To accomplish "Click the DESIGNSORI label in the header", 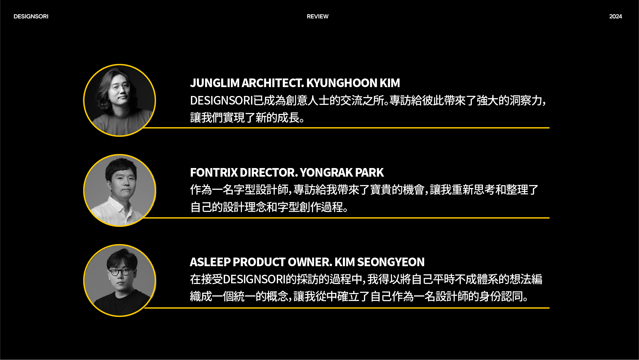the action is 31,17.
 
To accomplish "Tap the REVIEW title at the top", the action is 318,17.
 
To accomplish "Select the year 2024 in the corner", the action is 616,17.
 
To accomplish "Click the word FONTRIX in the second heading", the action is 214,173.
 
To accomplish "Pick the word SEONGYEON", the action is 391,262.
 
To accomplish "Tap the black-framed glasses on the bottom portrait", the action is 120,272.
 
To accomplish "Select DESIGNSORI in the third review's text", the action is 254,279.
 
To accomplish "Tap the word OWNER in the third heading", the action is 310,262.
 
